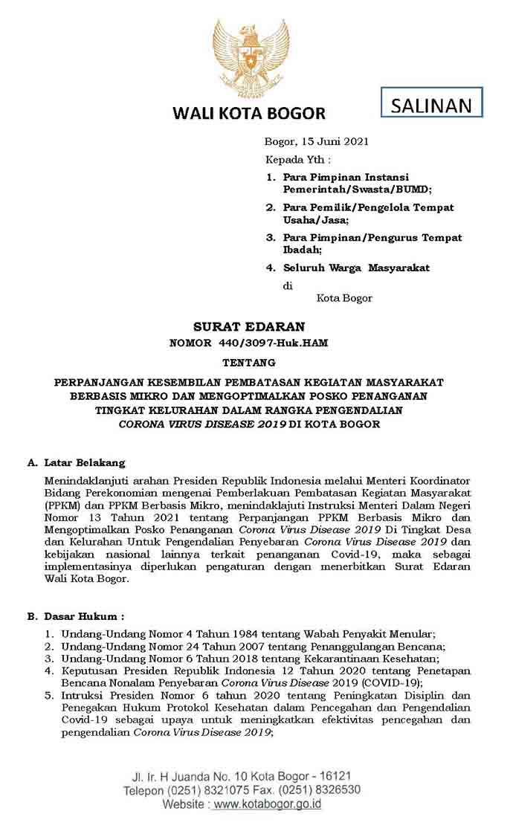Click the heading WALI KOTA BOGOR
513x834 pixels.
tap(249, 114)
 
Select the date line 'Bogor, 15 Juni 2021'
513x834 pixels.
tap(317, 141)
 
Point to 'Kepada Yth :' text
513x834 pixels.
tap(298, 160)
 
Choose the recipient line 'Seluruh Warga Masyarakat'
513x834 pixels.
tap(356, 268)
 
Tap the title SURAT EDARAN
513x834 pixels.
tap(249, 326)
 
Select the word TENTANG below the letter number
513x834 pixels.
tap(249, 363)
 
